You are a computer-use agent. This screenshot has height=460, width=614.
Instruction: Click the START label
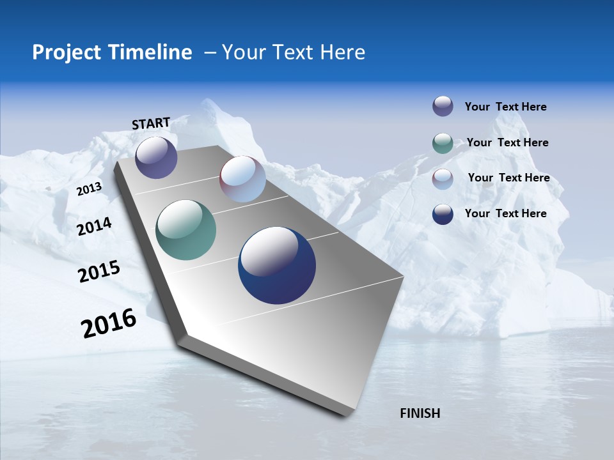pyautogui.click(x=151, y=123)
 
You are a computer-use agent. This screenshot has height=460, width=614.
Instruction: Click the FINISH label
pyautogui.click(x=420, y=413)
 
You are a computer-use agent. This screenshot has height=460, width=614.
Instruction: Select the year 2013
pyautogui.click(x=90, y=188)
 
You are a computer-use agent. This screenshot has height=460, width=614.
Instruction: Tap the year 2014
pyautogui.click(x=94, y=226)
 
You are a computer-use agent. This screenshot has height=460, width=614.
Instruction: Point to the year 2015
pyautogui.click(x=99, y=272)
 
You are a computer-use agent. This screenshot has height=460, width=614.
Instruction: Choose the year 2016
pyautogui.click(x=109, y=323)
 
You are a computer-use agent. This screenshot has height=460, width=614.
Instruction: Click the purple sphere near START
pyautogui.click(x=156, y=157)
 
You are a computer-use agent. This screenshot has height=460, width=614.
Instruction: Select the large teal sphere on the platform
pyautogui.click(x=185, y=230)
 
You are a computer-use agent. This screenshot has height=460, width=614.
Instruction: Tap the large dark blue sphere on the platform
pyautogui.click(x=277, y=265)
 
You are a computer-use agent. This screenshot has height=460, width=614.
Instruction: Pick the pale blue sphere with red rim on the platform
pyautogui.click(x=242, y=179)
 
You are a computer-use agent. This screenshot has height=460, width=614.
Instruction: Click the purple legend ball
pyautogui.click(x=443, y=106)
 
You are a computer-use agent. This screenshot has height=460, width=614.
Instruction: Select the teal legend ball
pyautogui.click(x=443, y=143)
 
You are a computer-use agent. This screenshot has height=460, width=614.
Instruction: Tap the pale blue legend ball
pyautogui.click(x=443, y=179)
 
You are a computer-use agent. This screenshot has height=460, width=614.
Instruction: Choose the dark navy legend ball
pyautogui.click(x=443, y=214)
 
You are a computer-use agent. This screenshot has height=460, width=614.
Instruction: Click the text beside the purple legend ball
pyautogui.click(x=505, y=107)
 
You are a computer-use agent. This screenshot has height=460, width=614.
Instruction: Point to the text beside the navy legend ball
pyautogui.click(x=505, y=213)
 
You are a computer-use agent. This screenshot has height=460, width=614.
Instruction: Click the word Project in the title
pyautogui.click(x=65, y=52)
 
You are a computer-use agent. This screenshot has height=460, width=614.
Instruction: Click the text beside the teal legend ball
pyautogui.click(x=507, y=142)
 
